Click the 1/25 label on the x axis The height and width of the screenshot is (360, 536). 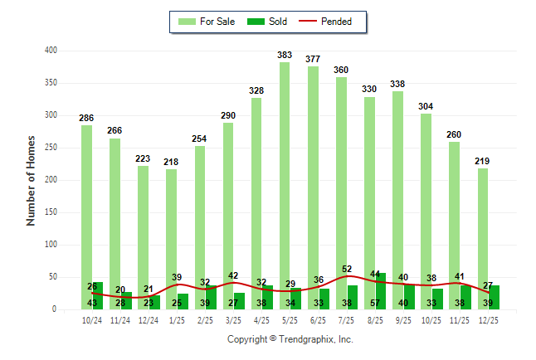pos(177,319)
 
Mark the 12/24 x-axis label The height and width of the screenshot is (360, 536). pos(149,319)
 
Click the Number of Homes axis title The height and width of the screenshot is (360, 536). pos(32,180)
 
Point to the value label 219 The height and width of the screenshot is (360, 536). pos(483,161)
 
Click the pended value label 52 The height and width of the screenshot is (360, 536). pos(347,269)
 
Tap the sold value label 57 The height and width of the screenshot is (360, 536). pos(376,303)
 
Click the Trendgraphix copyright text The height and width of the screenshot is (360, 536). pos(290,339)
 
